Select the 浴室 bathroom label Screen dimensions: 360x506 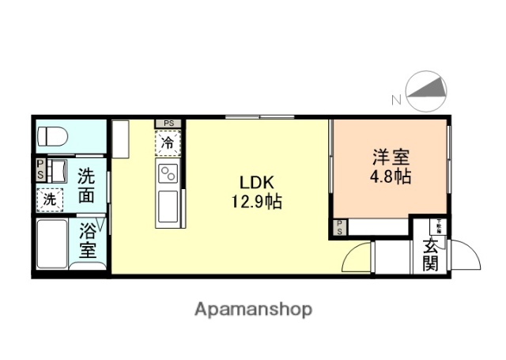coord(89,242)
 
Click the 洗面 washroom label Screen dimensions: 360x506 coord(89,184)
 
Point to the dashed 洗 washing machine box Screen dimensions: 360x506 coord(50,199)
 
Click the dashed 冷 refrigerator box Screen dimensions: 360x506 coord(168,143)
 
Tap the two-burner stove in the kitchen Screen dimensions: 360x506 coord(168,174)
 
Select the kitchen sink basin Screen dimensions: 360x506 coord(168,207)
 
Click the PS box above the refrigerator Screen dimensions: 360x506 coord(168,123)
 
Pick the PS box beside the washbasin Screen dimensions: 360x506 coord(39,169)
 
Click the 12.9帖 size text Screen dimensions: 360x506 coord(252,202)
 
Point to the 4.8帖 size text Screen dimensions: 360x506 coord(390,176)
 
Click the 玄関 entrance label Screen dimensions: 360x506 coord(430,254)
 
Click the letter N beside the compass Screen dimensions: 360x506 coord(395,100)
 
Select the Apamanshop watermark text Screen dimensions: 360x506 coord(254,309)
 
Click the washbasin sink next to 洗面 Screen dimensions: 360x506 coord(56,169)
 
